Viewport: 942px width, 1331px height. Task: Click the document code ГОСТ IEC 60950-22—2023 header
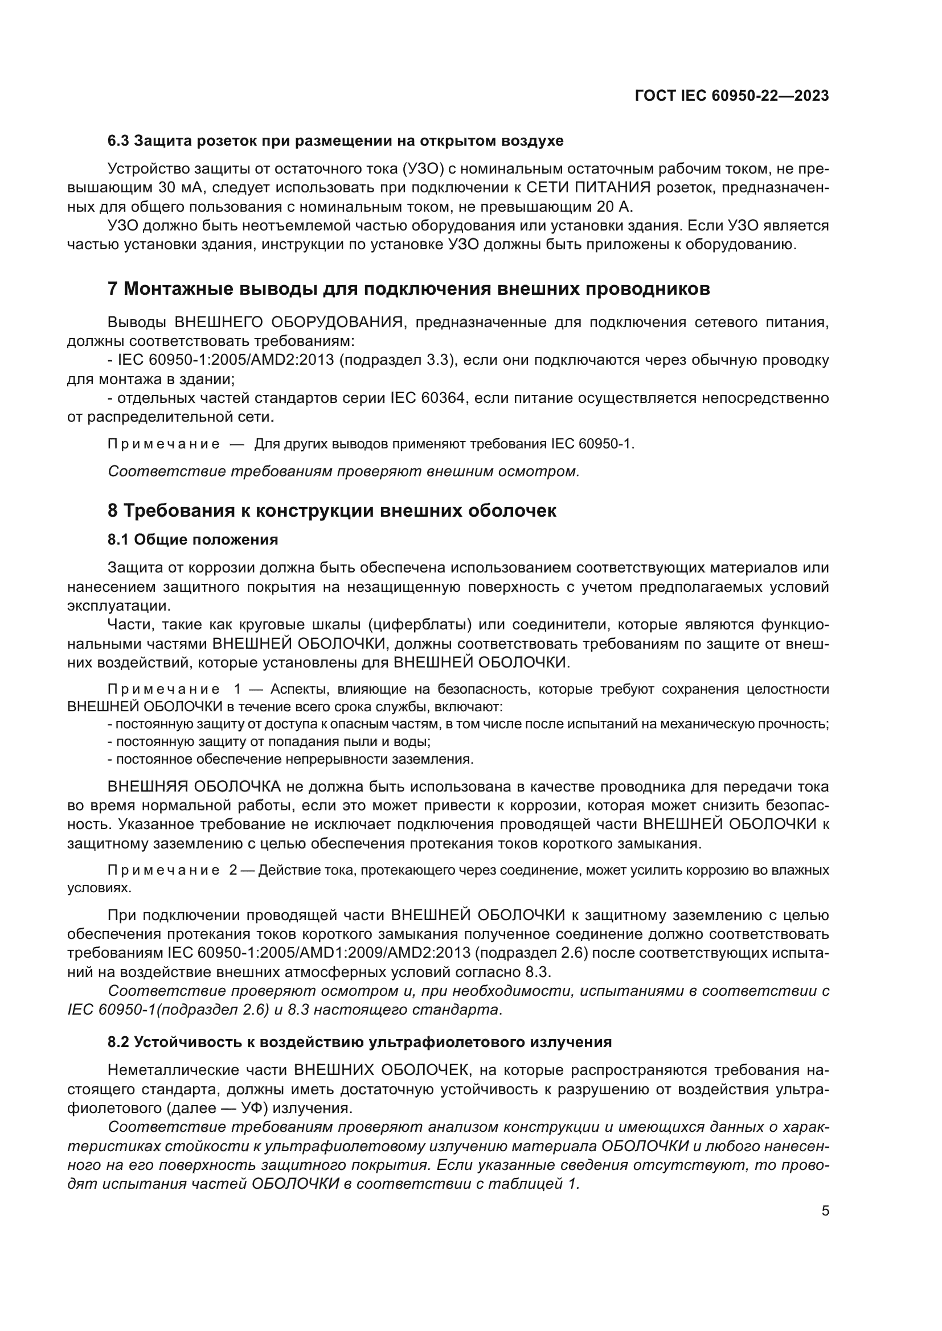pyautogui.click(x=731, y=96)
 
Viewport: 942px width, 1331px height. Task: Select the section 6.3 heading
pyautogui.click(x=335, y=141)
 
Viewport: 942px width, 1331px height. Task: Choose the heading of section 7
pyautogui.click(x=408, y=289)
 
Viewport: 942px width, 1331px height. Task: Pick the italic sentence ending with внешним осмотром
pyautogui.click(x=343, y=471)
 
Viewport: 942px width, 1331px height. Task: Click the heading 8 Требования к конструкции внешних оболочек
pyautogui.click(x=332, y=510)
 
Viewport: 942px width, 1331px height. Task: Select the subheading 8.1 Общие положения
pyautogui.click(x=193, y=539)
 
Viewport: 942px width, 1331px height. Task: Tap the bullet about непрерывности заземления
pyautogui.click(x=290, y=759)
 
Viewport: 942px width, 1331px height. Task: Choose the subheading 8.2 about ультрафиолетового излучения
pyautogui.click(x=359, y=1042)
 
